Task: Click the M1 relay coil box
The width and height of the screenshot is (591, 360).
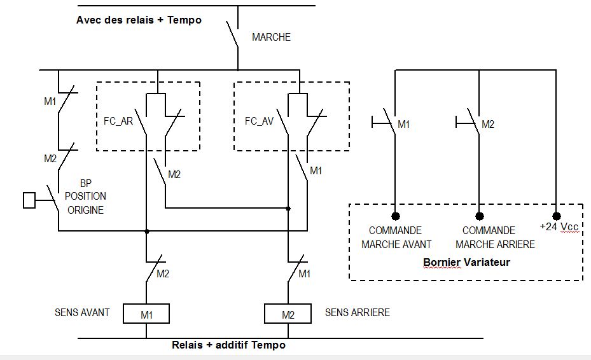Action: click(146, 314)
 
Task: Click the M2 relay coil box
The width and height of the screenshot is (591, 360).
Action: click(288, 314)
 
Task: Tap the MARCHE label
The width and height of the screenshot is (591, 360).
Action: click(271, 38)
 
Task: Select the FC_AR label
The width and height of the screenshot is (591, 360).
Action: click(118, 121)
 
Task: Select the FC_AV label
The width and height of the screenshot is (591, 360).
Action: click(259, 121)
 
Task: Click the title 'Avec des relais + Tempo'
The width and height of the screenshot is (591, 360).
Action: click(139, 20)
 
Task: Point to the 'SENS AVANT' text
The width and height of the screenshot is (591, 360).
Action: click(82, 312)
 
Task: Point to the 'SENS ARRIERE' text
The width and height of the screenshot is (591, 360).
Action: click(358, 312)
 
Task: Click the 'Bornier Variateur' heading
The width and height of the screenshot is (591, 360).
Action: click(466, 261)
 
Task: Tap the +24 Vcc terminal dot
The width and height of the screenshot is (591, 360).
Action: click(557, 216)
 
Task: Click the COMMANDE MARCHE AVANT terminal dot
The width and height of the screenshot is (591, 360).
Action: click(395, 216)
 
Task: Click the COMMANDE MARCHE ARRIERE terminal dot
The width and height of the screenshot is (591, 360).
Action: click(480, 216)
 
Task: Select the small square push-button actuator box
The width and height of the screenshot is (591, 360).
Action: click(29, 200)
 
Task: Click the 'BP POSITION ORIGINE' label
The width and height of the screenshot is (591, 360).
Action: click(85, 197)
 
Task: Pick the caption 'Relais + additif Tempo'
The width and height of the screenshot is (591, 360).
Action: click(228, 345)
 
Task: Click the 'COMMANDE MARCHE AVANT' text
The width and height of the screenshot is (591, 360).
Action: click(396, 237)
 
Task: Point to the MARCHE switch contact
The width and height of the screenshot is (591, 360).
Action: click(233, 36)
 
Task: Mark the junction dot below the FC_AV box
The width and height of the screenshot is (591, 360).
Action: click(288, 208)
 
